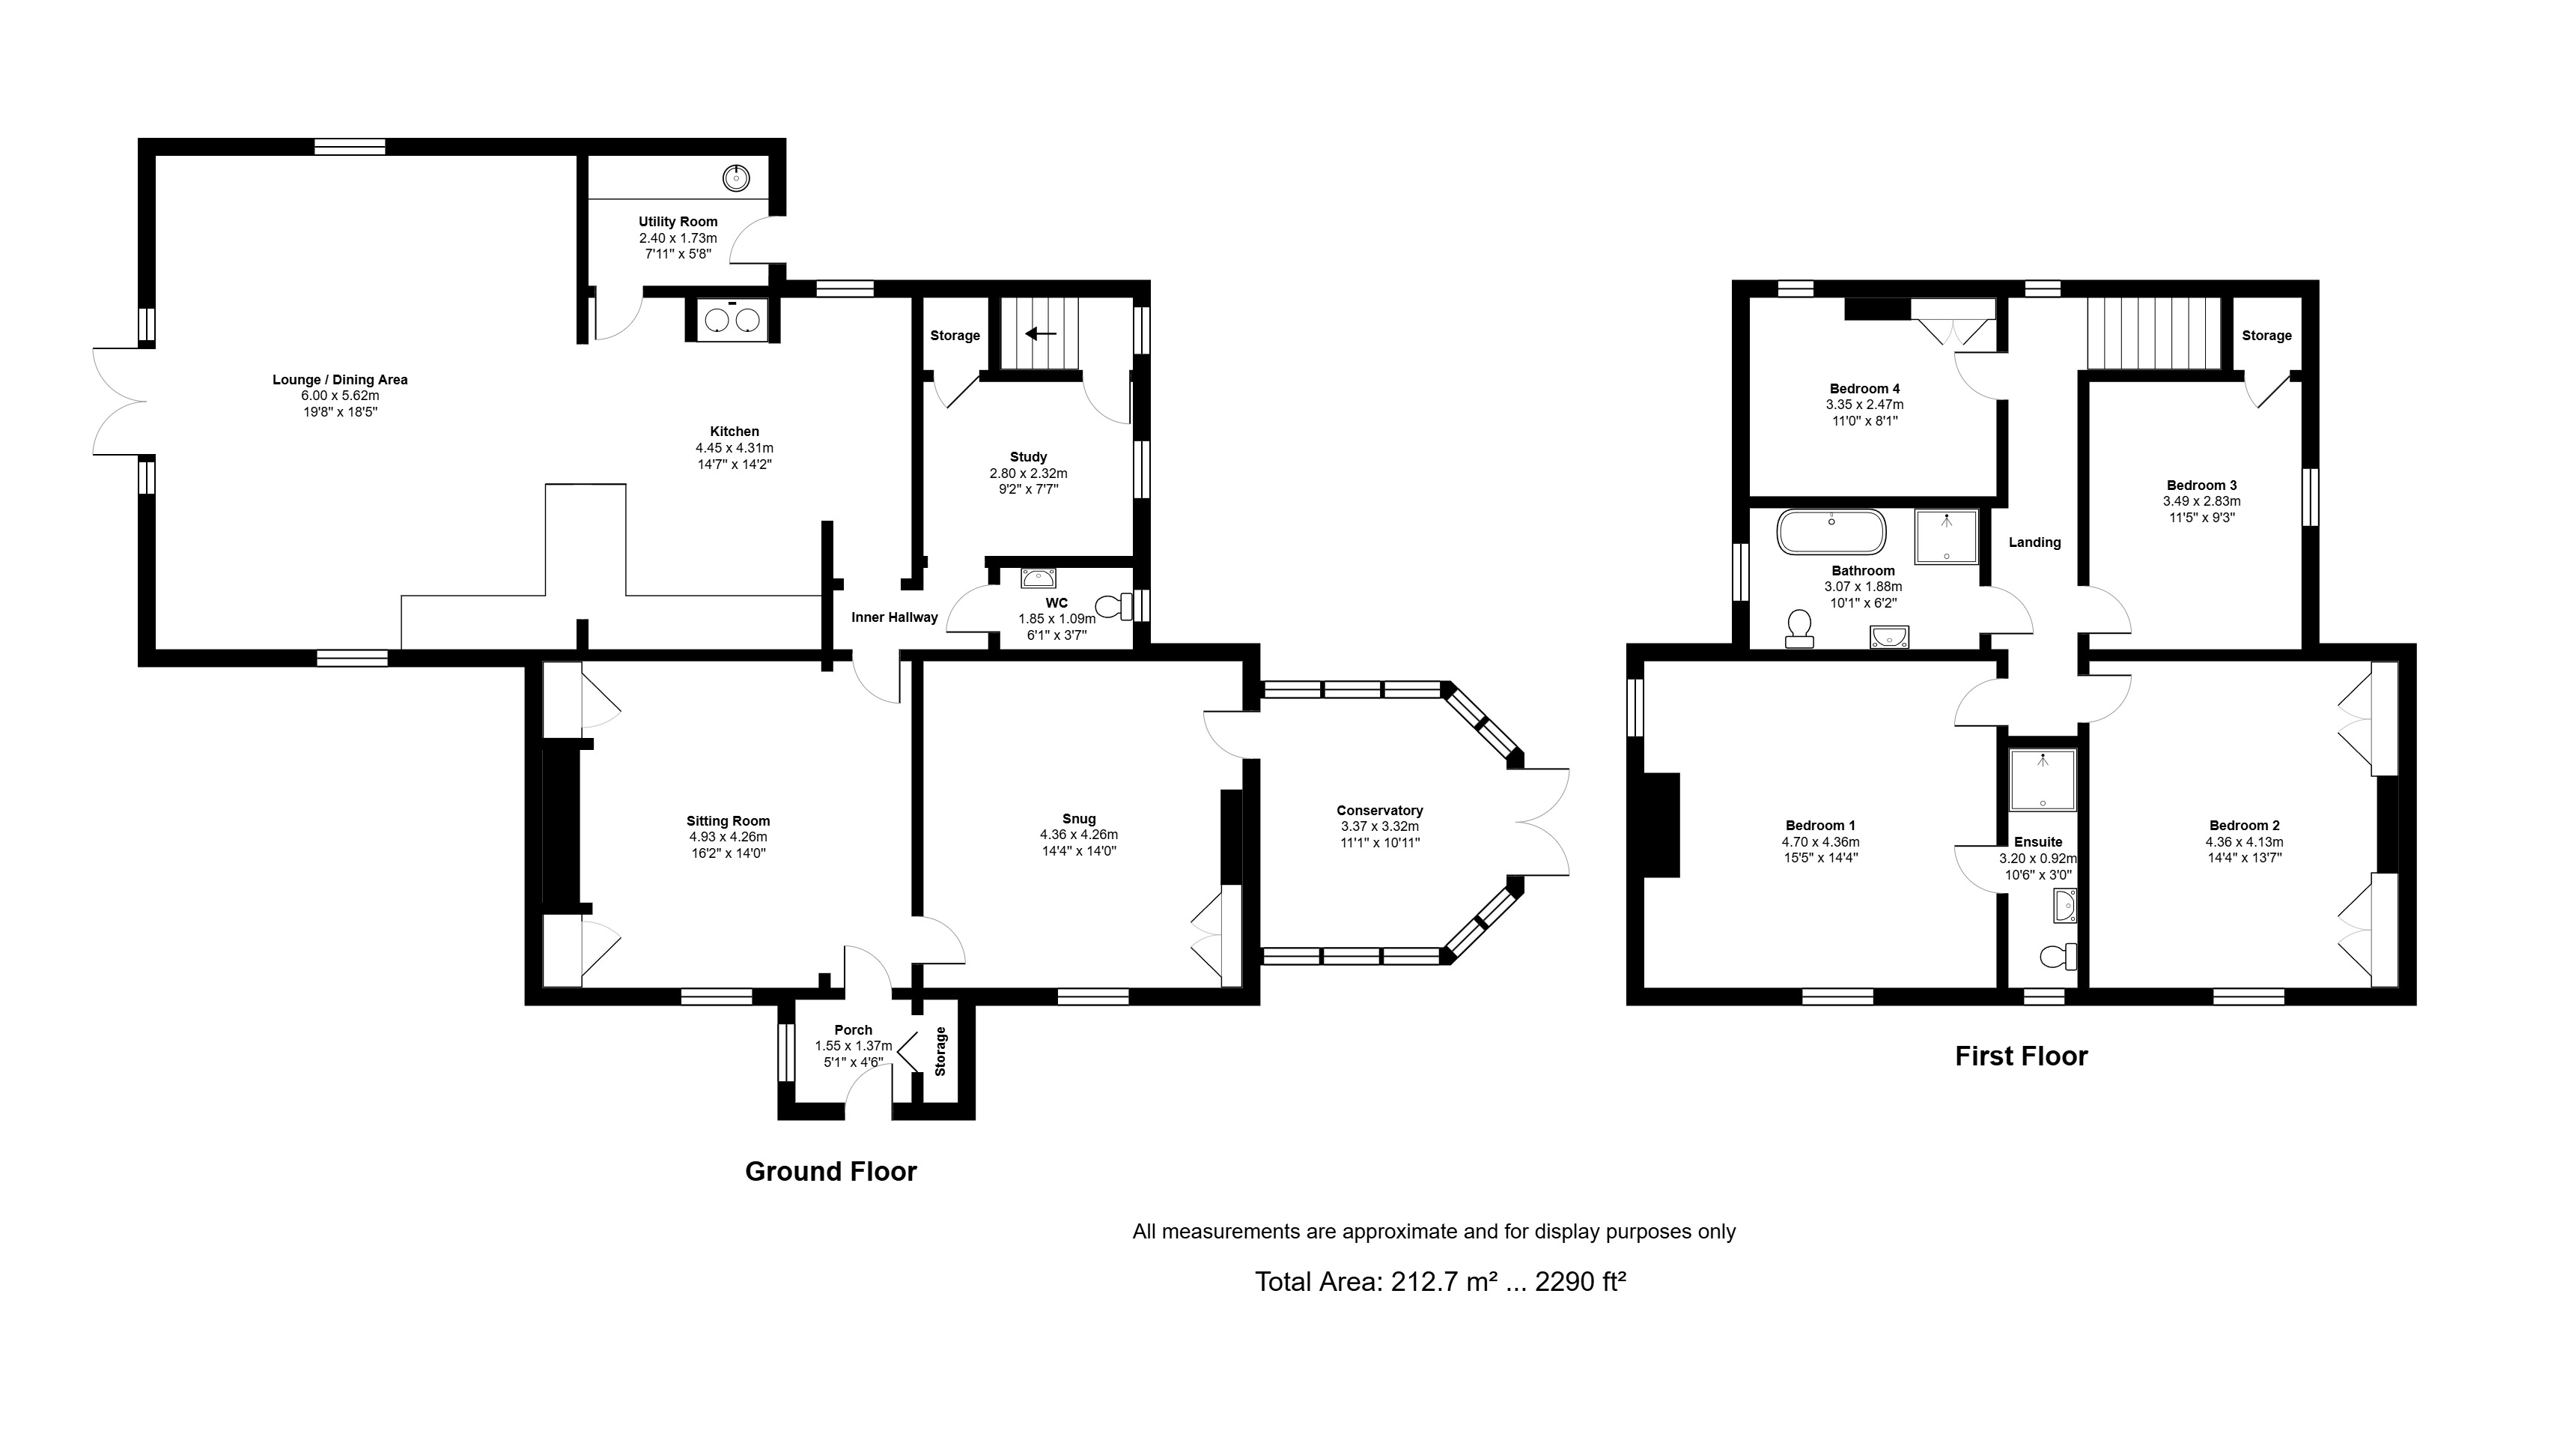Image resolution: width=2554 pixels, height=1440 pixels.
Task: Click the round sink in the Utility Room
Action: pos(736,178)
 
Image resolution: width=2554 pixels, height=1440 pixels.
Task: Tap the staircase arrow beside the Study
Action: pos(1039,334)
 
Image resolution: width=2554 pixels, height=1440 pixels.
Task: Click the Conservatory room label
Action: pos(1379,810)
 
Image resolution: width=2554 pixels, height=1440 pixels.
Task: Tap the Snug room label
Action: pos(1079,818)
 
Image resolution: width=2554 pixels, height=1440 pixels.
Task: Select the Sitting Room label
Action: pos(728,821)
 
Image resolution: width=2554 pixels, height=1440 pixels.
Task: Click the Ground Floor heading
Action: pos(831,1171)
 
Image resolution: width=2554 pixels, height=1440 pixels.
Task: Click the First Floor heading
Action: pos(2021,1056)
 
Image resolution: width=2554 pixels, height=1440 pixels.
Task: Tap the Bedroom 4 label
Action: pos(1864,389)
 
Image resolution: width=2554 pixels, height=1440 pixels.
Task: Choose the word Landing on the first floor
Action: pos(2034,542)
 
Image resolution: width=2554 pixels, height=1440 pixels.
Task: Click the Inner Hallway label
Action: pos(894,617)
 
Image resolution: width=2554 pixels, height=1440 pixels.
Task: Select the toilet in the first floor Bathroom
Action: pos(1798,629)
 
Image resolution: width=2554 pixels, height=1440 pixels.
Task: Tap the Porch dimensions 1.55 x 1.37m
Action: pos(853,1046)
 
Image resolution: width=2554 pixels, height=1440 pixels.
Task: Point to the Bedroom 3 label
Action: pos(2201,485)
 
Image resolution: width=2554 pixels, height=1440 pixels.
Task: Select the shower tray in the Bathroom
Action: pos(1945,536)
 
